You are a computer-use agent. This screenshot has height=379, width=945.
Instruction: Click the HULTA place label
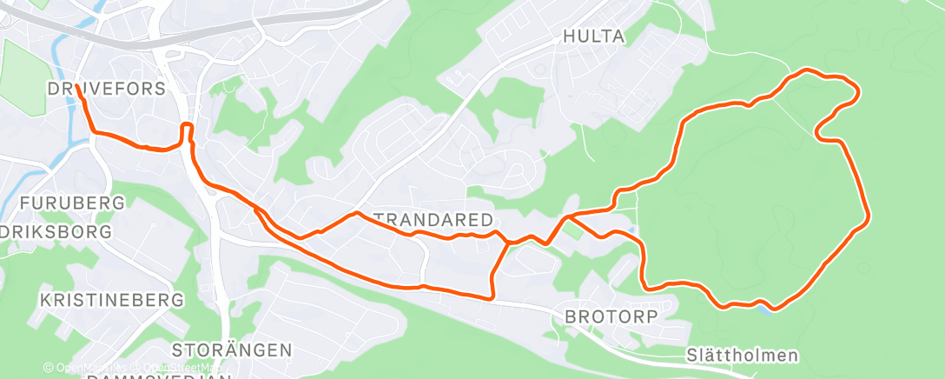pyautogui.click(x=594, y=37)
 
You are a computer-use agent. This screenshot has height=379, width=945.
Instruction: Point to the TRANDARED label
pyautogui.click(x=433, y=218)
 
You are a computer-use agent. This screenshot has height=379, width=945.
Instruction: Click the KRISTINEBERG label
pyautogui.click(x=112, y=299)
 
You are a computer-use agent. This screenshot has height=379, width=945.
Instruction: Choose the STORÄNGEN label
pyautogui.click(x=231, y=349)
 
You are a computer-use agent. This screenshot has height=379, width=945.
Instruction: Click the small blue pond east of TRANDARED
pyautogui.click(x=633, y=229)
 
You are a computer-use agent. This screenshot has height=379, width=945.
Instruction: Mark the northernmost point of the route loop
pyautogui.click(x=810, y=70)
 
